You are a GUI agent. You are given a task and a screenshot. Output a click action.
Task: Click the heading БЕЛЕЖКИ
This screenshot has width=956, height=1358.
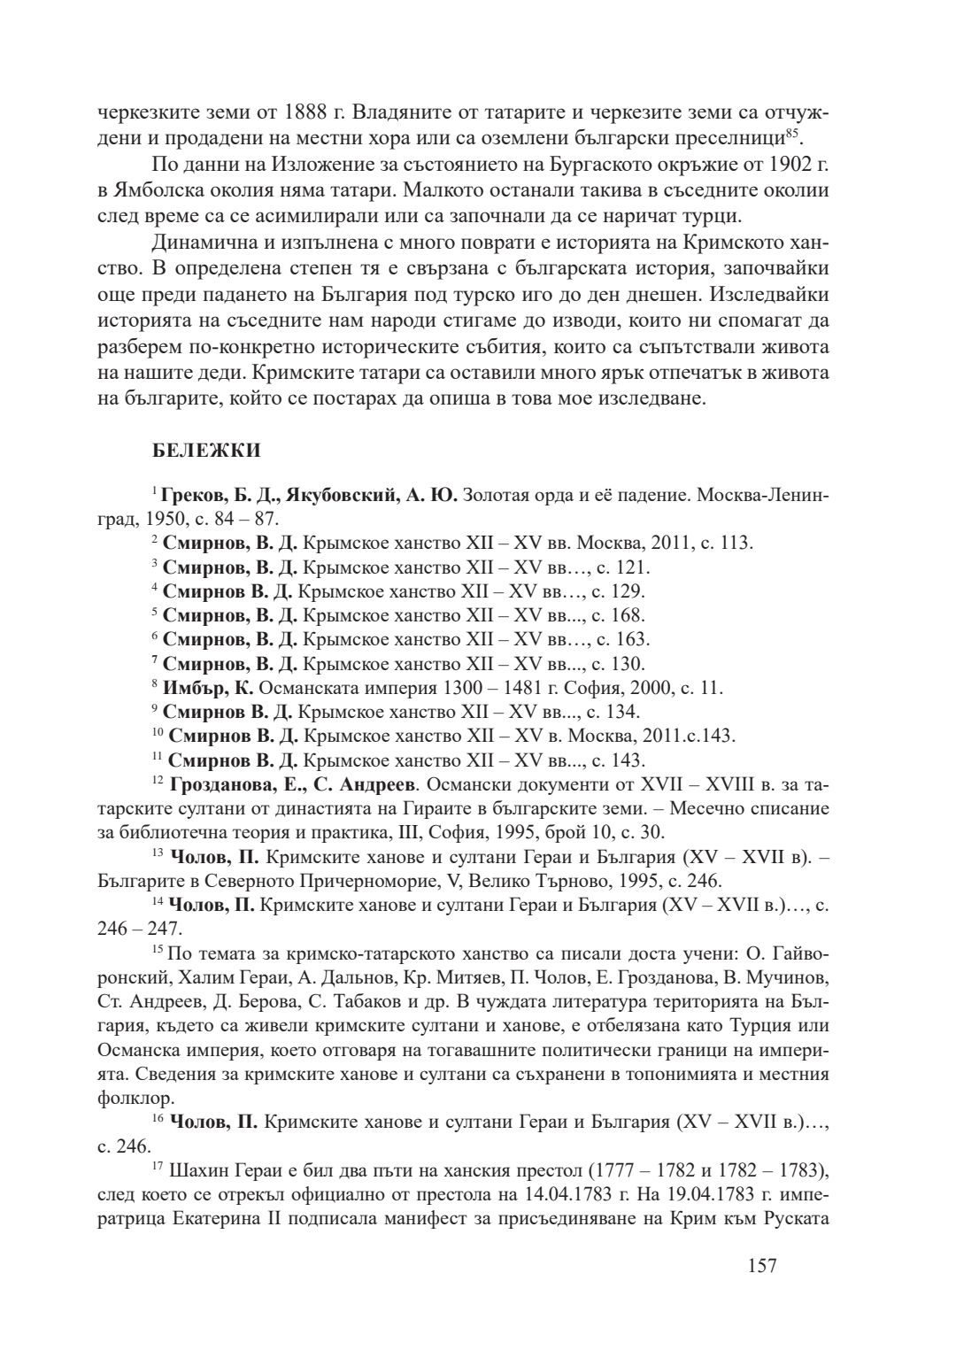click(x=206, y=451)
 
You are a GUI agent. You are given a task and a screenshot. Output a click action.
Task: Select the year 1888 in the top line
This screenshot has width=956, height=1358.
click(x=310, y=114)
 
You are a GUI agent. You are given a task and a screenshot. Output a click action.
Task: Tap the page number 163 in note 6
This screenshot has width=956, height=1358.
click(x=631, y=638)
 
